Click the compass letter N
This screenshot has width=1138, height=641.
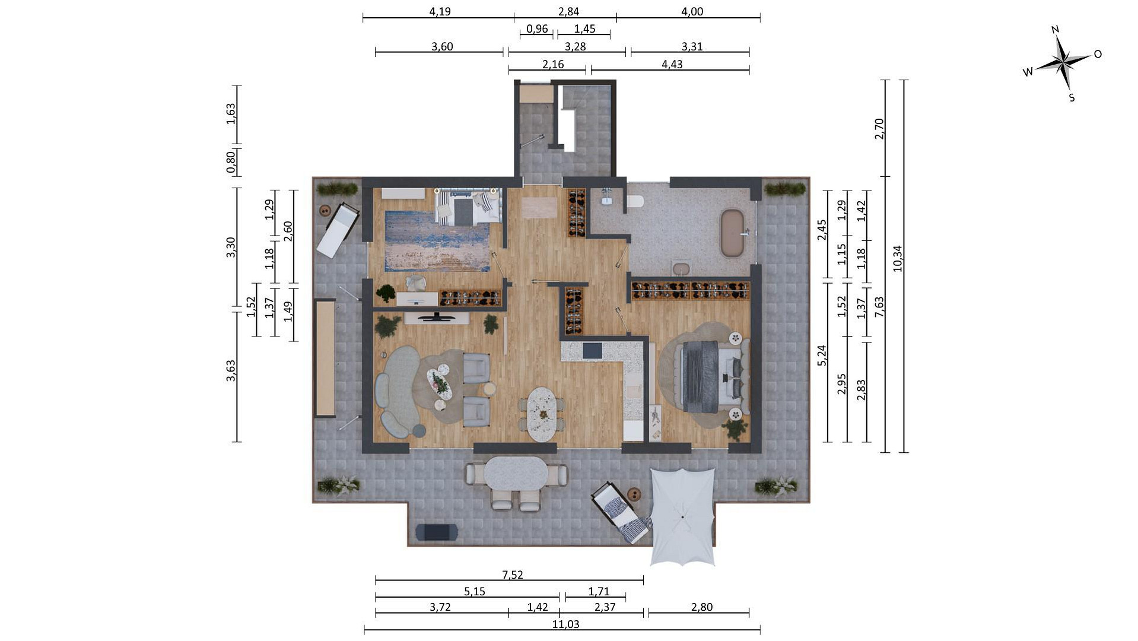[x=1055, y=30]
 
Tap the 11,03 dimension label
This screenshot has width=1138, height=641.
[x=565, y=624]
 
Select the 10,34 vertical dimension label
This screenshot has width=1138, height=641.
[x=897, y=259]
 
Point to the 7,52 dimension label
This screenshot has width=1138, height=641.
[x=513, y=575]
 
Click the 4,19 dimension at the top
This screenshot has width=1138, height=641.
[x=440, y=11]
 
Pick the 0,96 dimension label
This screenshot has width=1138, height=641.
[x=537, y=28]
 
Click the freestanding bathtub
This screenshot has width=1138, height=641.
[x=732, y=233]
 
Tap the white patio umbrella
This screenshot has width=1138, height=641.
[x=682, y=517]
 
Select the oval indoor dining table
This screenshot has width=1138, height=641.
[x=542, y=414]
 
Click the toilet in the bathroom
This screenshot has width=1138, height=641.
[x=635, y=201]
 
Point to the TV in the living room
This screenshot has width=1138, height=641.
[x=437, y=317]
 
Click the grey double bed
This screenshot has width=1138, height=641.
[x=711, y=376]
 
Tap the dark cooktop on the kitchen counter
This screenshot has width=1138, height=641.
[x=592, y=350]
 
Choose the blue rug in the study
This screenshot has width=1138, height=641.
[x=437, y=240]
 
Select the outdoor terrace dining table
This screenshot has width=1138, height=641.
[x=516, y=473]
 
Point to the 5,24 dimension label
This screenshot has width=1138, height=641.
[x=822, y=355]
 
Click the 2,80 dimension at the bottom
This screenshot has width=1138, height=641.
[x=702, y=607]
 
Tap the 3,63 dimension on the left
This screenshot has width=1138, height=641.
[x=231, y=370]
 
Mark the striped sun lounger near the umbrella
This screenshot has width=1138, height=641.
[x=621, y=512]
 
